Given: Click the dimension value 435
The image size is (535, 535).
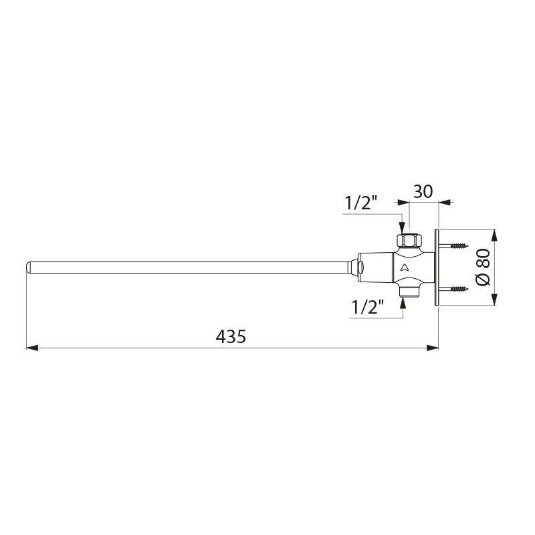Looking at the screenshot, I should coord(231,336).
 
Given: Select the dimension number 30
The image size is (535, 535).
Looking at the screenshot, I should coord(422,191).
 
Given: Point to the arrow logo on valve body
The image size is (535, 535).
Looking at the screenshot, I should coord(404,268).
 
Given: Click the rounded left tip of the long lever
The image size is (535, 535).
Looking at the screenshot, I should coord(29,267).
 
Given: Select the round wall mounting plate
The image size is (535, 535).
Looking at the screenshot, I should coord(435,267).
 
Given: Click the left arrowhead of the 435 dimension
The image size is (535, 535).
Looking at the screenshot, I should coord(31,347).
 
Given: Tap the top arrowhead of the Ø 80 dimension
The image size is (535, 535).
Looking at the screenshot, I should coord(494,234).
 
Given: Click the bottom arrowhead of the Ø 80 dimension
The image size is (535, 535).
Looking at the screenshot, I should coord(494,302).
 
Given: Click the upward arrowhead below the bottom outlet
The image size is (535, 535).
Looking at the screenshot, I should coord(403,303).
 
